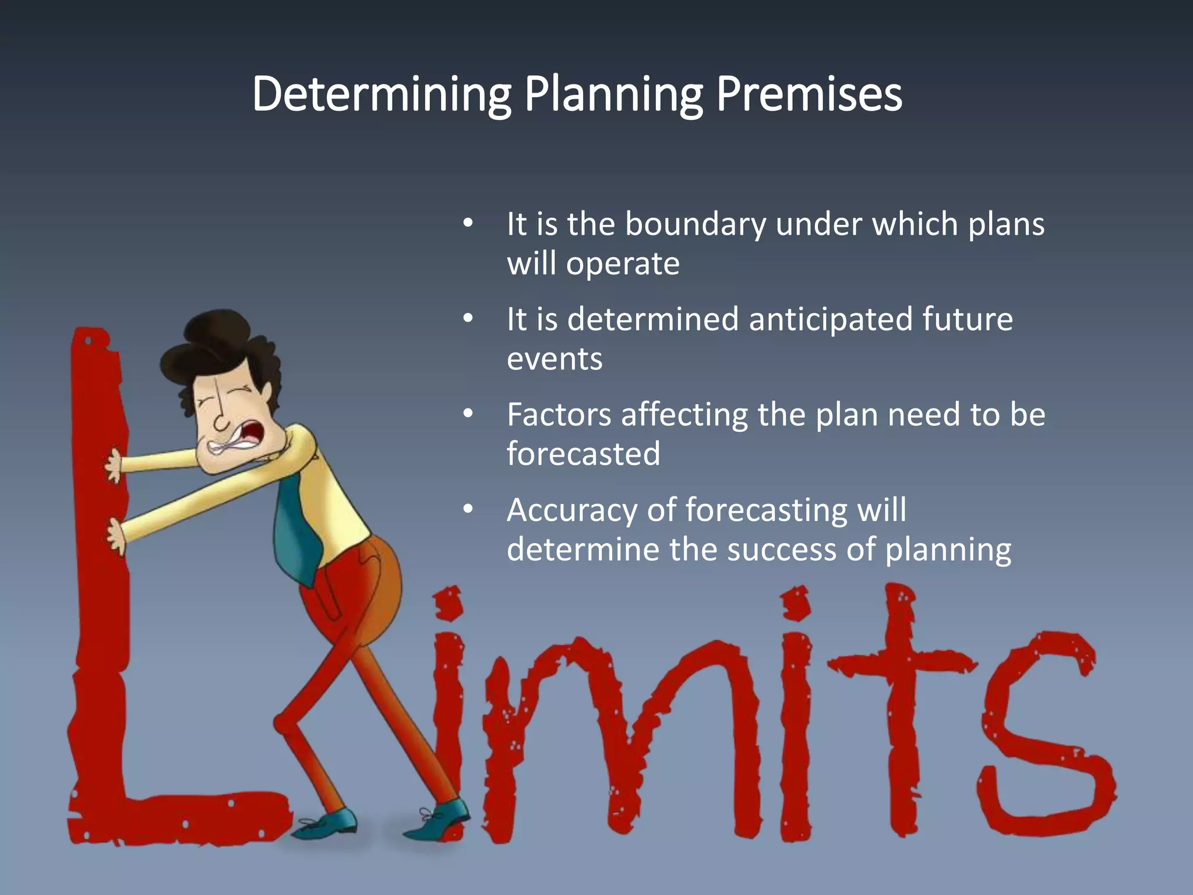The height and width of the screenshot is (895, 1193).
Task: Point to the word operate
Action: [x=623, y=264]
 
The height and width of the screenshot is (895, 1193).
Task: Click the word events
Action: [x=555, y=359]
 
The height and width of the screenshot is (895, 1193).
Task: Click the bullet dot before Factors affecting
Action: [x=468, y=414]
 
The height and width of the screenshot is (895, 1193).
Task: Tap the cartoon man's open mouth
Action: [x=255, y=434]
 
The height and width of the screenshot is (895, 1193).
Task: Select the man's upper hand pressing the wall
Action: [x=114, y=466]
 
